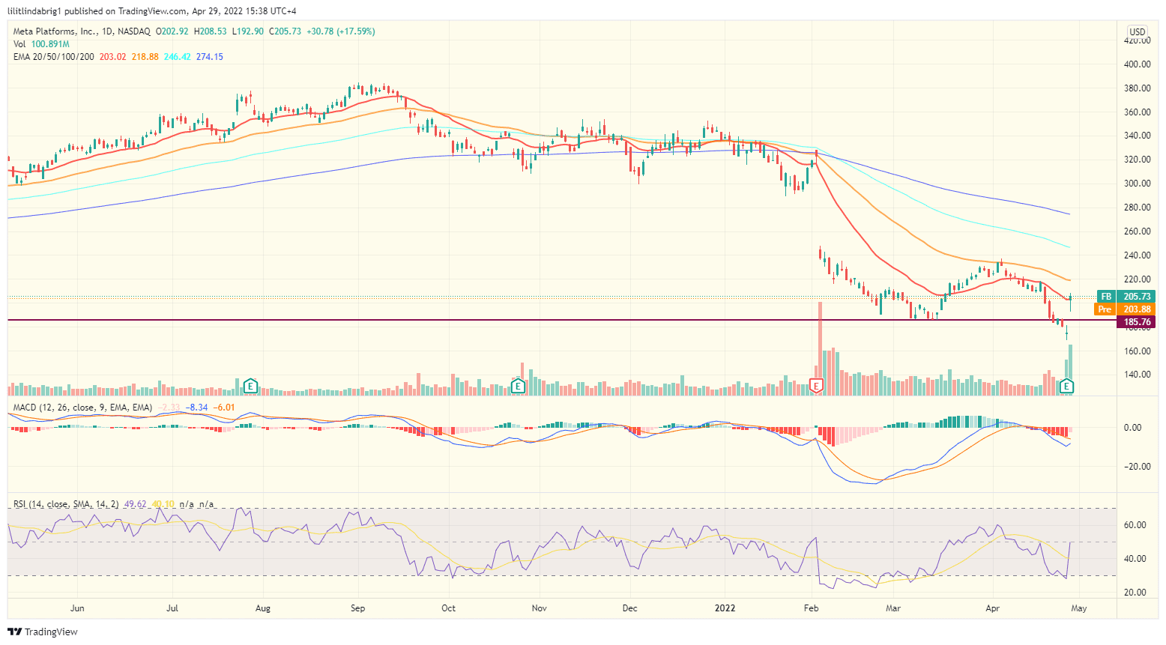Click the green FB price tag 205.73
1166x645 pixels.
[x=1136, y=297]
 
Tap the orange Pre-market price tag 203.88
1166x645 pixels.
[x=1136, y=309]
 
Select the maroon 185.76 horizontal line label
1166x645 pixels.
[x=1136, y=322]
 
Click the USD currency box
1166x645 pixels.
[x=1138, y=31]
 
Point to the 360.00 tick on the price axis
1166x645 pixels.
[x=1137, y=112]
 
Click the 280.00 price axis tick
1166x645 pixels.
[x=1137, y=208]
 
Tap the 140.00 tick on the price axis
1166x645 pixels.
[x=1137, y=375]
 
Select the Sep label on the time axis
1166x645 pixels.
[x=357, y=608]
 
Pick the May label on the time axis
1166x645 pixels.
[x=1078, y=608]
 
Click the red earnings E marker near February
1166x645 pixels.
[x=817, y=386]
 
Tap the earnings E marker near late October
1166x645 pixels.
[x=517, y=386]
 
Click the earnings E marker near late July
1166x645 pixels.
[x=251, y=386]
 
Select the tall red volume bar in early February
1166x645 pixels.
[x=821, y=345]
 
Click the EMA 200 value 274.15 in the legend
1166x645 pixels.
[x=209, y=57]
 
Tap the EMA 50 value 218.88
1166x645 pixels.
[x=145, y=57]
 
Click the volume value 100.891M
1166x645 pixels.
[x=50, y=44]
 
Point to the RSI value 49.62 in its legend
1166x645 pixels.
[x=135, y=504]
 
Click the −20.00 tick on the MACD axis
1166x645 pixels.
[x=1136, y=467]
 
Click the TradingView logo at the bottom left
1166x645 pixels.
[x=43, y=632]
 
